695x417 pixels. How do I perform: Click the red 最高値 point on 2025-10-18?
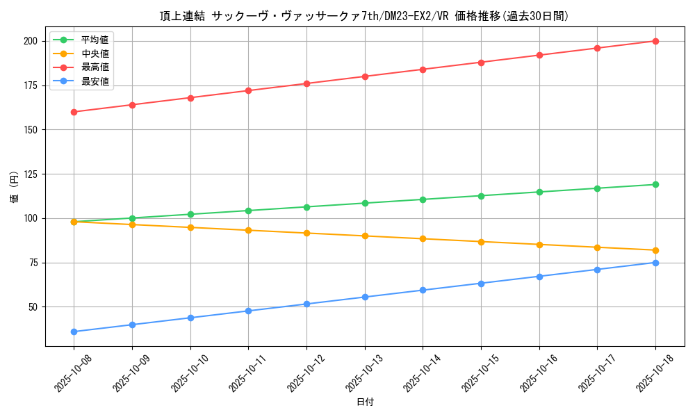click(655, 41)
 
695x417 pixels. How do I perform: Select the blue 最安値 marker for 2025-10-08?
click(74, 332)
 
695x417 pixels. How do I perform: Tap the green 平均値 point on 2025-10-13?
click(365, 203)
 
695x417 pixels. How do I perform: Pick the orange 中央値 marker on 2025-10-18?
click(655, 250)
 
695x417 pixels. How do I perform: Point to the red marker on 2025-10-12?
click(306, 83)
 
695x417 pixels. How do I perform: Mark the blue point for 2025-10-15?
click(481, 283)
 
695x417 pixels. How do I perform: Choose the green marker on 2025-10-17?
click(597, 188)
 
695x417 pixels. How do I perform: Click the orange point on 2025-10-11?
click(248, 230)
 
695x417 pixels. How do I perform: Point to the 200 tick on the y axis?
click(30, 41)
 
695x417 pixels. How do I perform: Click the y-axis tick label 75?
click(33, 263)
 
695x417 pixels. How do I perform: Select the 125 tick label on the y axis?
click(30, 174)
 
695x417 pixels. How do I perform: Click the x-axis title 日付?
click(365, 402)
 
